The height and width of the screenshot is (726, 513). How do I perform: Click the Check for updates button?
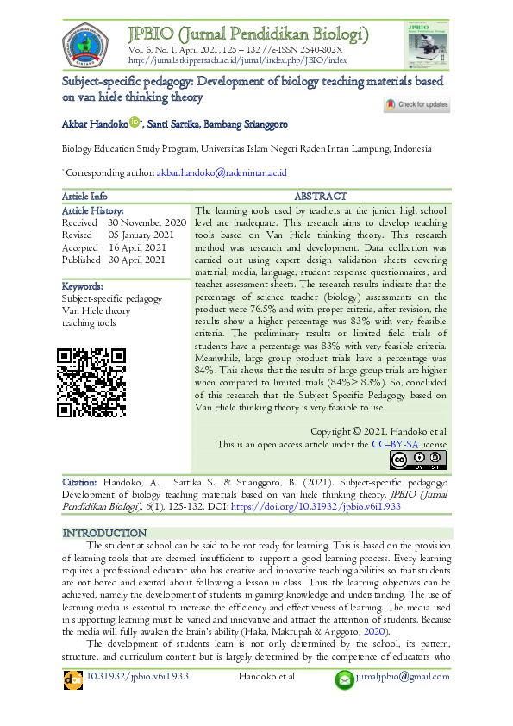pos(416,105)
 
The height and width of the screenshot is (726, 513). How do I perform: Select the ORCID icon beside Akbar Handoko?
pos(135,123)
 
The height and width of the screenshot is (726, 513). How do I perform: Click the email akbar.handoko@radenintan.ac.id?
pos(222,172)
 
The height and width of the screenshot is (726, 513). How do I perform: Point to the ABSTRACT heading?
pos(321,197)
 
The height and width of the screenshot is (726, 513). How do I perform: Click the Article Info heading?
pos(85,197)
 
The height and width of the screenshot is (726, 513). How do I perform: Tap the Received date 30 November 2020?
pos(141,222)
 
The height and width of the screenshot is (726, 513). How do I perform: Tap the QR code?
pos(91,382)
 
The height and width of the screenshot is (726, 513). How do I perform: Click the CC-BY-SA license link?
pos(395,444)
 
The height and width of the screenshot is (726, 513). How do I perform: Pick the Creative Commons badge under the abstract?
pos(418,460)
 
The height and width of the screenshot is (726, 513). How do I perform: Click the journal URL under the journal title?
pos(237,60)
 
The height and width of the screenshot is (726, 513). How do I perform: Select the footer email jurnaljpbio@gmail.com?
pos(403,677)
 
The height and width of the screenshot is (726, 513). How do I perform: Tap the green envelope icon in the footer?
pos(345,679)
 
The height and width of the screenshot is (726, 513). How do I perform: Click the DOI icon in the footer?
pos(73,679)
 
